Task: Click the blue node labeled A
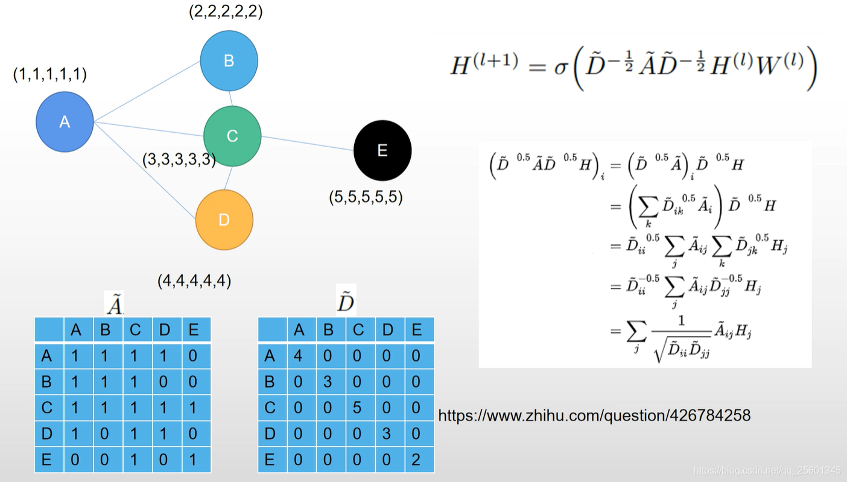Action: tap(65, 122)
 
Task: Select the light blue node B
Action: tap(229, 61)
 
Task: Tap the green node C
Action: tap(232, 136)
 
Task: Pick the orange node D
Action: tap(224, 220)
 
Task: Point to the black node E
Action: tap(382, 150)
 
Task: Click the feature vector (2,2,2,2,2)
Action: tap(226, 11)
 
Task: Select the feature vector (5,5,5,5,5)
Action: tap(366, 197)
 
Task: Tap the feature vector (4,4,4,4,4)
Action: tap(194, 281)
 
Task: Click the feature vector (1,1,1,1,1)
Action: tap(50, 74)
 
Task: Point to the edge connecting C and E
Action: tap(308, 144)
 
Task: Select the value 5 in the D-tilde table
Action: tap(357, 408)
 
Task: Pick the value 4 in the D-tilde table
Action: tap(297, 356)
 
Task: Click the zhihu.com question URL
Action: tap(594, 415)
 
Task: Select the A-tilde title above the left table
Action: tap(115, 305)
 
